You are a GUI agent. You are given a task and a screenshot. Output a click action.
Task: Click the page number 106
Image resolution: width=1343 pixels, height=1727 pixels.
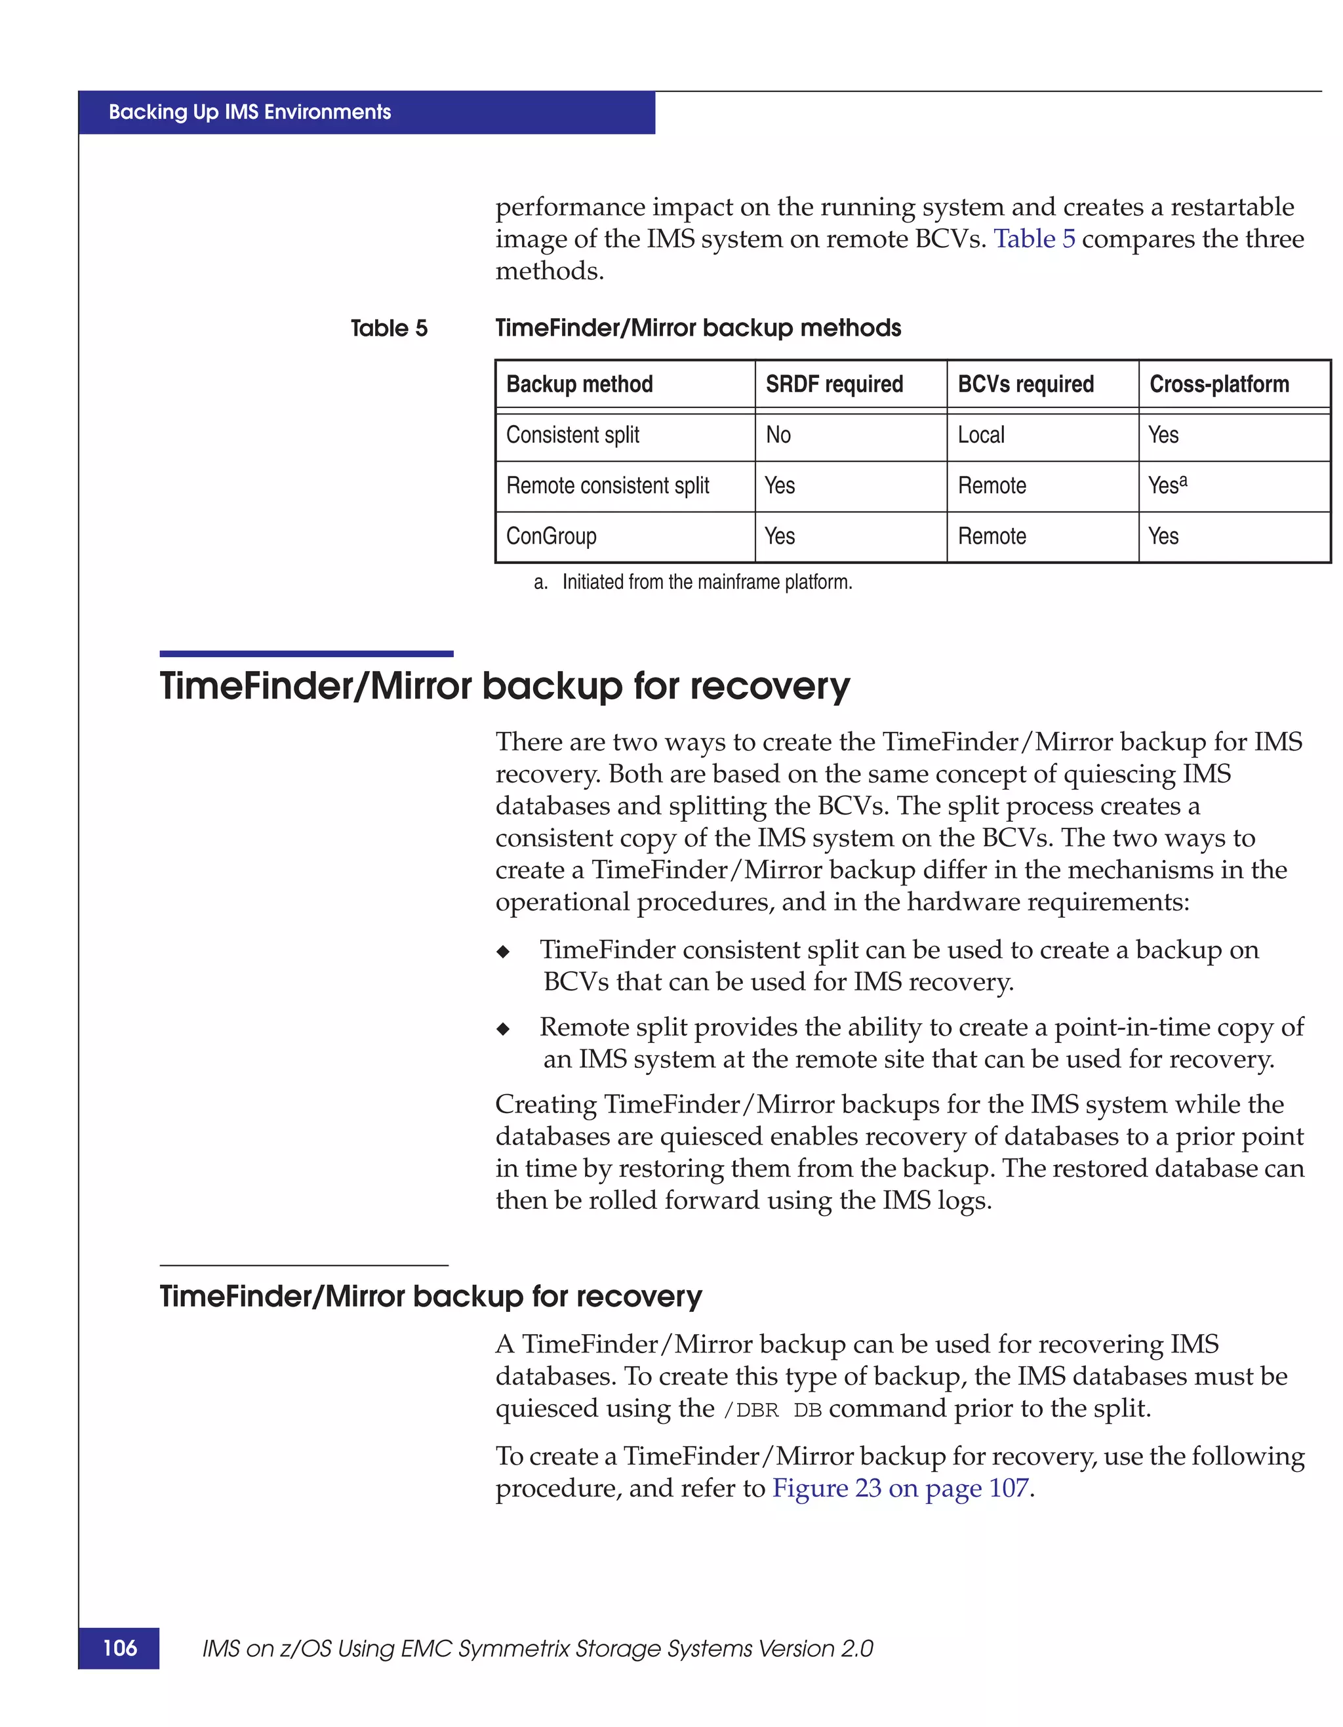[x=119, y=1648]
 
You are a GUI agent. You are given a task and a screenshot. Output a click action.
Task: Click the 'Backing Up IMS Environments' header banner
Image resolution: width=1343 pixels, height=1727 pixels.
[x=250, y=112]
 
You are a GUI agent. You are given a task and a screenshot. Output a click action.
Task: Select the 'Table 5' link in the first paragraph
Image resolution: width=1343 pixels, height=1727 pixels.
[x=1034, y=239]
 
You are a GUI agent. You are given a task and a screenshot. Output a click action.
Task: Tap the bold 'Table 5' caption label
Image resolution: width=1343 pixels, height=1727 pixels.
[x=389, y=328]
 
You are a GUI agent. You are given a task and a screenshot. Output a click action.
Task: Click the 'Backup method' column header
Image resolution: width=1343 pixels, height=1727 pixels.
[x=580, y=384]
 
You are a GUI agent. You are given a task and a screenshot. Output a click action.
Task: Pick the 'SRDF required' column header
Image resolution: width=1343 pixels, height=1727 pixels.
[x=834, y=384]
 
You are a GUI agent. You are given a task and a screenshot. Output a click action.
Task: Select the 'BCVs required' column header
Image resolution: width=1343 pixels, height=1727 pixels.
[x=1025, y=384]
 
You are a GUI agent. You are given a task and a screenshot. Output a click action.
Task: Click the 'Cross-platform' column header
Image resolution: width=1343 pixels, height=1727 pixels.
[x=1219, y=384]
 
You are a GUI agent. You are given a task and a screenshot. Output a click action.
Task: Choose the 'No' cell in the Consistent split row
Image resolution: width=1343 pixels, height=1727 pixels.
[x=778, y=435]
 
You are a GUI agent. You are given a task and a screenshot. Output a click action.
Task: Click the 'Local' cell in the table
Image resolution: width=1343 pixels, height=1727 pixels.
[x=981, y=435]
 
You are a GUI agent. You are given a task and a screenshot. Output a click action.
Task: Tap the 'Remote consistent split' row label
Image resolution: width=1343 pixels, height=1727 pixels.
[x=607, y=485]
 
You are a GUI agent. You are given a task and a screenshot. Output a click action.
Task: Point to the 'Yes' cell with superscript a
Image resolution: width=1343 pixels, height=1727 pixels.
[x=1167, y=485]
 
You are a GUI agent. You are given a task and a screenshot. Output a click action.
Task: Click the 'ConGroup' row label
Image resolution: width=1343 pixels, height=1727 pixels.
[x=551, y=536]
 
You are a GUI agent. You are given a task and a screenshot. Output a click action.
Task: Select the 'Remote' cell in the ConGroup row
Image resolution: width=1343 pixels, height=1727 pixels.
[x=992, y=536]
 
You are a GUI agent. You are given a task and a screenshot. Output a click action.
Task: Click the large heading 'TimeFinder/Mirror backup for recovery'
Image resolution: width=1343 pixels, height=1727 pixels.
[x=504, y=685]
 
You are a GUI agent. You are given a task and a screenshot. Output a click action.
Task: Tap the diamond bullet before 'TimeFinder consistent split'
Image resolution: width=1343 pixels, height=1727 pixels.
[x=504, y=951]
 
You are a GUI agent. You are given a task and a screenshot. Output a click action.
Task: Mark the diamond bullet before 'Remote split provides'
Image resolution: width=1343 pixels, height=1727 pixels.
[x=504, y=1028]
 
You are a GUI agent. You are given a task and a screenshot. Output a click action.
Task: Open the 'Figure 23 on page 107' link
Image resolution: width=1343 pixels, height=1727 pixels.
[x=900, y=1488]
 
